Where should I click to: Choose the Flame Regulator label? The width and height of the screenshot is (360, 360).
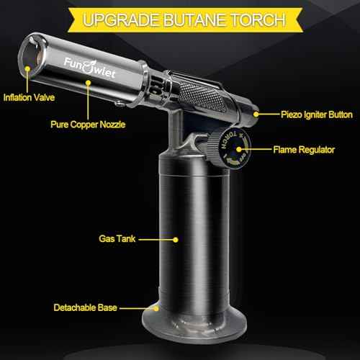click(x=302, y=150)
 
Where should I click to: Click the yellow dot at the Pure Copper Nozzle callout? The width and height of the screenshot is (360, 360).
click(x=87, y=82)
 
